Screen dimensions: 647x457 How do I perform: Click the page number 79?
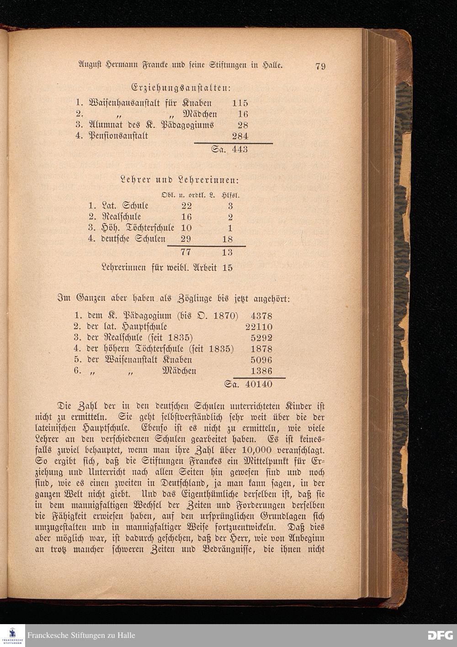point(320,66)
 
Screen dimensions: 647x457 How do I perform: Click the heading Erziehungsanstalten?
point(180,87)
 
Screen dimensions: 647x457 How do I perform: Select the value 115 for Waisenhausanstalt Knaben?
point(239,103)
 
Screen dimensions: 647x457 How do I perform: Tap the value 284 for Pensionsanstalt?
point(239,136)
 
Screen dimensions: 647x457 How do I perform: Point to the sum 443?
point(239,149)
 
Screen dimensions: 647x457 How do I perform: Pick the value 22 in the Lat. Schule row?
point(186,206)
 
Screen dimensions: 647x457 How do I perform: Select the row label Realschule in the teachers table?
point(121,217)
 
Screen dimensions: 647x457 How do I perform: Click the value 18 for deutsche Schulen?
point(227,239)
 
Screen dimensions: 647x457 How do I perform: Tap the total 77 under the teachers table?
point(186,252)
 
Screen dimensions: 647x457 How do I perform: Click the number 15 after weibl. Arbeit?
point(227,268)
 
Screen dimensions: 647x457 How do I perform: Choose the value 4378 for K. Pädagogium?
point(261,316)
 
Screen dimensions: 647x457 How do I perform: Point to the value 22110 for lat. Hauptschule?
point(259,327)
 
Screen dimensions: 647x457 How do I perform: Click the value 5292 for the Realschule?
point(261,338)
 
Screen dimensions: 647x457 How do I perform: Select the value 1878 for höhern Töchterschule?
point(261,349)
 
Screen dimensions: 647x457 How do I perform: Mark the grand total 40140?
point(259,384)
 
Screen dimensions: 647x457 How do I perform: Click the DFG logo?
point(440,635)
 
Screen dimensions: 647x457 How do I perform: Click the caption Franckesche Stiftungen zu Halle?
point(81,636)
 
